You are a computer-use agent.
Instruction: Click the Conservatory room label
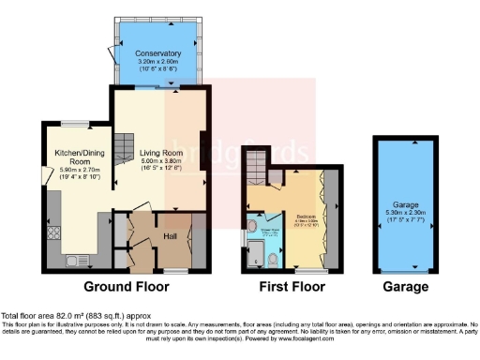click(x=157, y=53)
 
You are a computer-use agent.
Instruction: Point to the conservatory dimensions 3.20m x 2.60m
click(x=157, y=66)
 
